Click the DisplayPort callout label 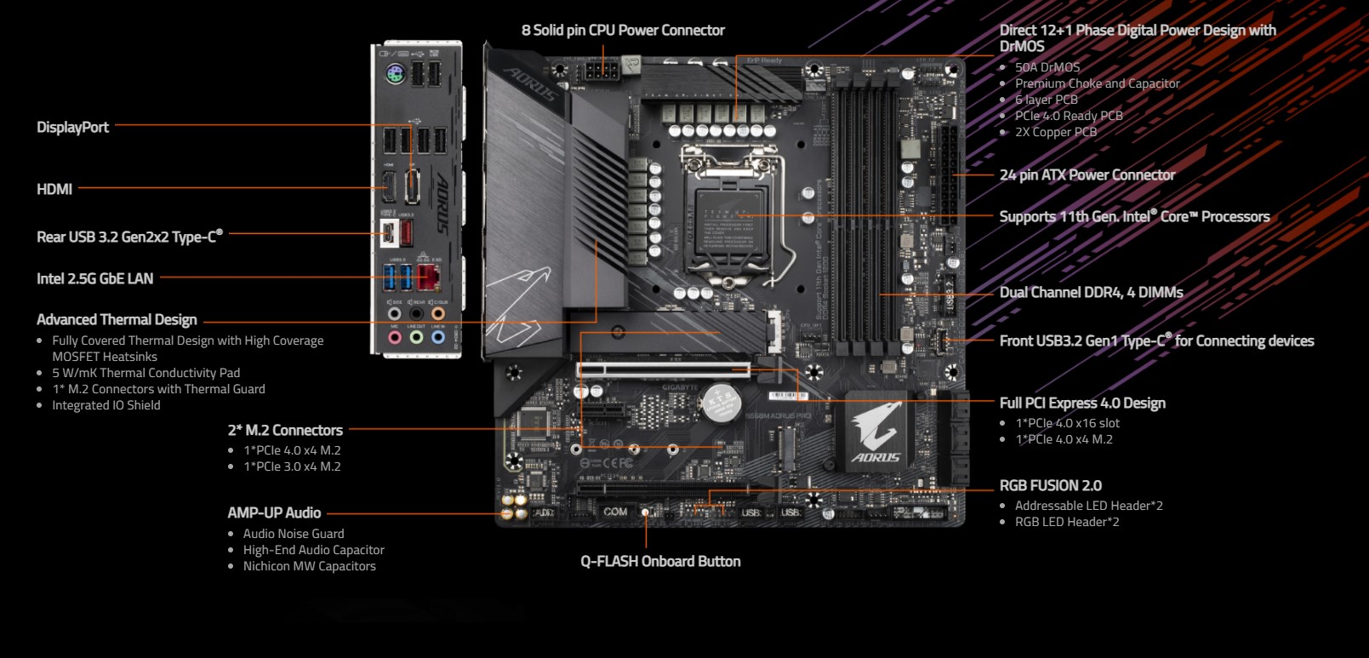point(72,127)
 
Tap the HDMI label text point(54,189)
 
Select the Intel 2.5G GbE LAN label point(94,278)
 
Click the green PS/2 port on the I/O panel point(393,75)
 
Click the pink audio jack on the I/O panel point(395,338)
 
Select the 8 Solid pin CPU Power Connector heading point(623,30)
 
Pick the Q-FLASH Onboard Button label point(660,561)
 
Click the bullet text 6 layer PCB point(1046,100)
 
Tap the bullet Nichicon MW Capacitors point(309,566)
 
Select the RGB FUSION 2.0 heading point(1050,485)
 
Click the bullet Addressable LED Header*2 point(1088,506)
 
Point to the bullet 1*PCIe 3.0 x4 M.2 point(292,466)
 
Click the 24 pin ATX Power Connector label point(1087,175)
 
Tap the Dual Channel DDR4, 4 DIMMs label point(1091,292)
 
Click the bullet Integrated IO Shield point(106,405)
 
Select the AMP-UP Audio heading point(274,512)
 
